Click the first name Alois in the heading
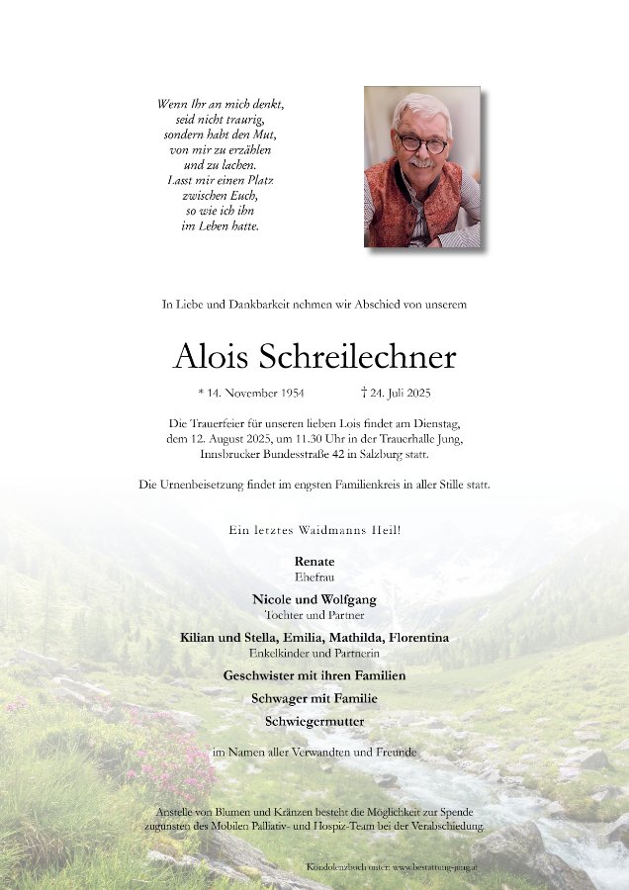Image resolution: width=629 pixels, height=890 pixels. pos(210,357)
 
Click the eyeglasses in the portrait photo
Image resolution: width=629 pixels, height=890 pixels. pos(422,142)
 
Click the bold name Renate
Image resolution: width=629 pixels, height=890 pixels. pos(314,561)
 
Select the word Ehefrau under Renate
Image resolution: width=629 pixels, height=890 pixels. pos(314,575)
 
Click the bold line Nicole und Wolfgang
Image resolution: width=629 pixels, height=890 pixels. pos(314,599)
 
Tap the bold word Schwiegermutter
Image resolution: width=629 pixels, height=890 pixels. pos(314,721)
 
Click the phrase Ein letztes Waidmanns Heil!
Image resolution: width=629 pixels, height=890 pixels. pos(314,531)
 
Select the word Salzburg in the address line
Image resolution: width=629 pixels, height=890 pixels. pos(371,452)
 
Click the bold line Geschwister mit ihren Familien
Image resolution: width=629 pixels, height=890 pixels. pos(314,675)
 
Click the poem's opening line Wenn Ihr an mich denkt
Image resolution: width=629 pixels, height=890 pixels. pos(221,103)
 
